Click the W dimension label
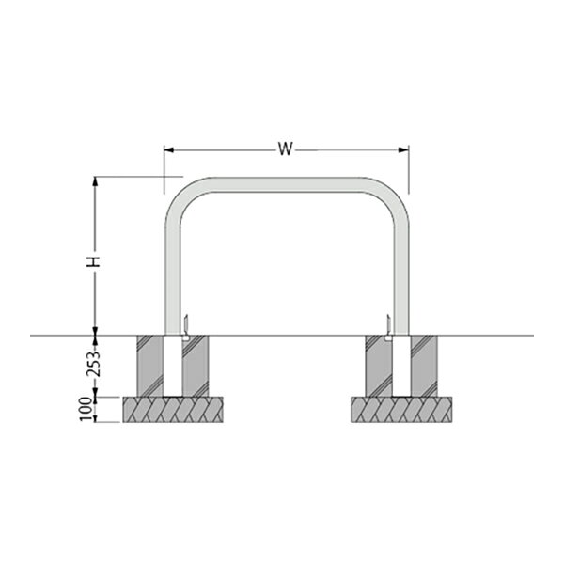click(285, 149)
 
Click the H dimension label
click(94, 262)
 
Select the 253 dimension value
click(94, 363)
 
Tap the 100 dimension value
click(85, 409)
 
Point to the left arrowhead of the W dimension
click(169, 149)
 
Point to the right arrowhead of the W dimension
click(403, 149)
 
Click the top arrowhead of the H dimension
click(95, 181)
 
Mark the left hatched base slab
click(173, 409)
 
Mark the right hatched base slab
click(401, 409)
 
